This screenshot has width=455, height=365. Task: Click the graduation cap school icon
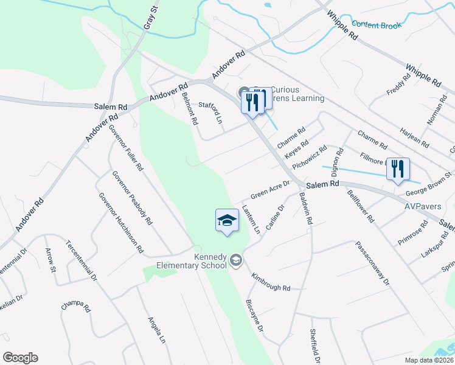point(227,220)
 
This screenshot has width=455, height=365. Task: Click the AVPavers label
point(423,206)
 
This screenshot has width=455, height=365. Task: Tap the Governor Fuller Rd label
point(126,147)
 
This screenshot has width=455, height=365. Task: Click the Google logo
point(20,358)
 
